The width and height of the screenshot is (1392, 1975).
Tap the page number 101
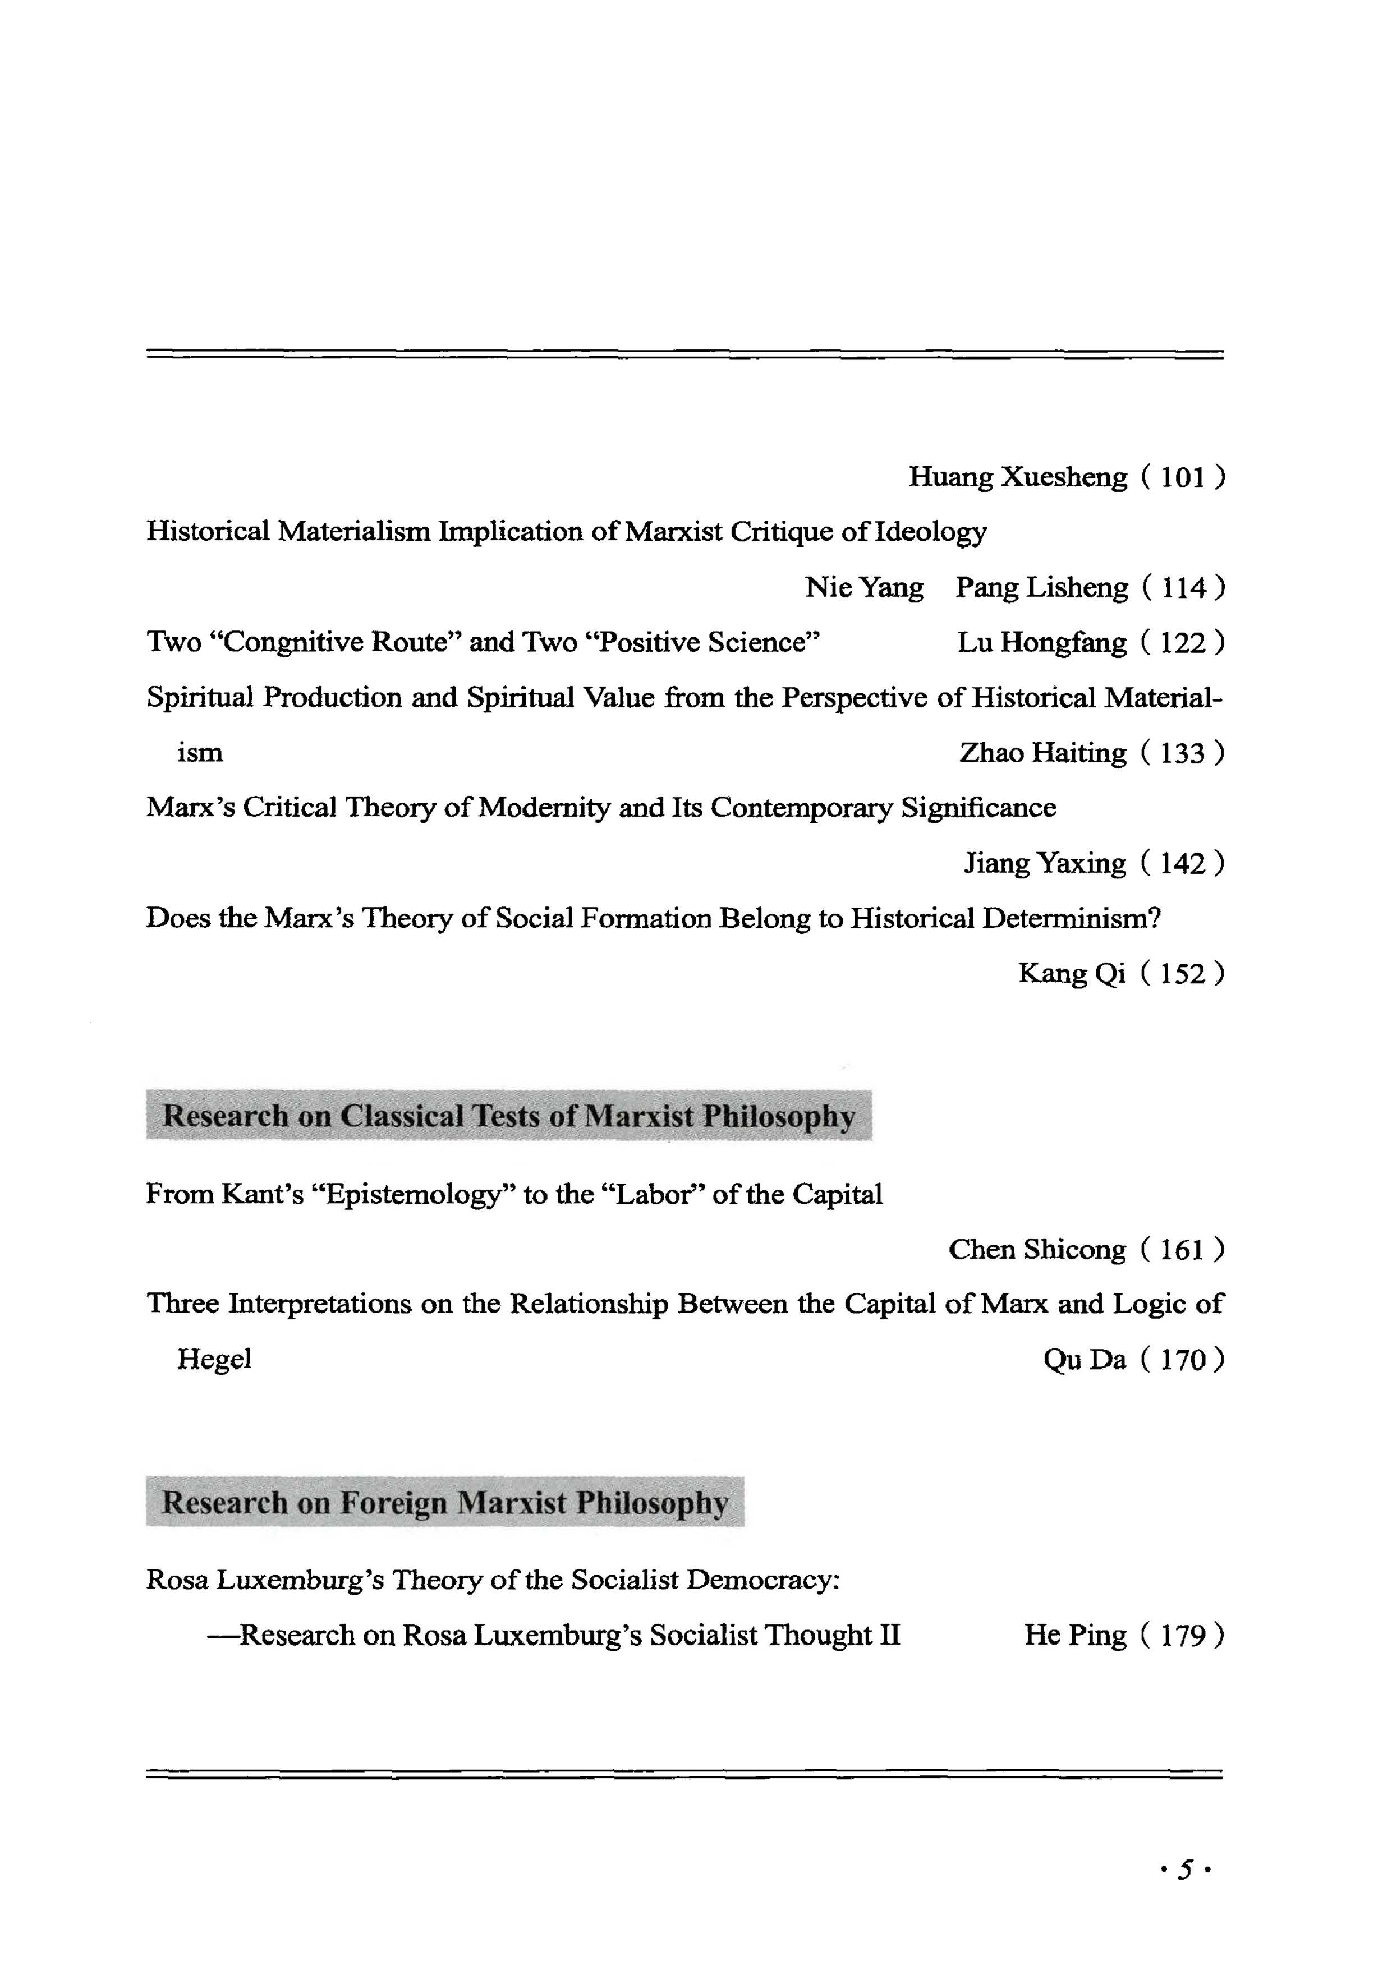(x=1182, y=477)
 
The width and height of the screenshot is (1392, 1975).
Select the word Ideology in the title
(x=930, y=532)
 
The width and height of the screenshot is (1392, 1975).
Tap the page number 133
(x=1182, y=753)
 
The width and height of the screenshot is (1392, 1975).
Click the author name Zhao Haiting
(x=1042, y=753)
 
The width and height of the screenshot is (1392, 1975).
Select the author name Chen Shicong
(x=1037, y=1249)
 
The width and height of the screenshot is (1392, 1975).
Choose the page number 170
(x=1182, y=1360)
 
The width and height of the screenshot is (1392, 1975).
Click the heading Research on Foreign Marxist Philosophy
(x=445, y=1503)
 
